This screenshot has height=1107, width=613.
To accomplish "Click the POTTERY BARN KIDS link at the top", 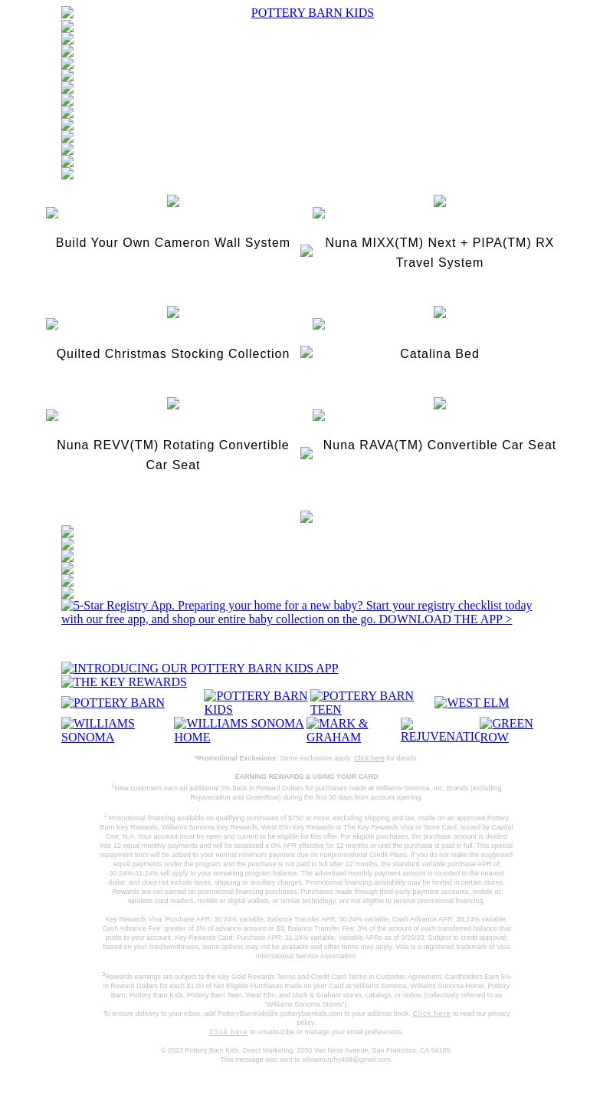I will (312, 13).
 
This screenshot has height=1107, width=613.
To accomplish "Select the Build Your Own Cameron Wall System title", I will (172, 243).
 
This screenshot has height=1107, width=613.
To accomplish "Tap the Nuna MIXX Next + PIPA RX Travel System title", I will (439, 252).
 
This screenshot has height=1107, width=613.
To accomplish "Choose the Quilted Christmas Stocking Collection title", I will (172, 354).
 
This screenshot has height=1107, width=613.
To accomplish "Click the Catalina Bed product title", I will (439, 354).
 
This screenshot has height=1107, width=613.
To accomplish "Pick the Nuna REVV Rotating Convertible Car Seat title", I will (172, 455).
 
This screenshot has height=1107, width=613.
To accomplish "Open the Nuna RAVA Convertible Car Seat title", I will (439, 445).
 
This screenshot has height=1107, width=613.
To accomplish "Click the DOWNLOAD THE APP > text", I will (444, 619).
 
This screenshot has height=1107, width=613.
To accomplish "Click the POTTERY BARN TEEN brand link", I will (362, 702).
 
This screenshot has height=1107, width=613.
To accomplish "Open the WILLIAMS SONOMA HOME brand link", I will (238, 730).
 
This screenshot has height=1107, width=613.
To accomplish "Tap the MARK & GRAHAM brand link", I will (337, 730).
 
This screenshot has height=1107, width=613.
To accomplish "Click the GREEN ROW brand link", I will (506, 730).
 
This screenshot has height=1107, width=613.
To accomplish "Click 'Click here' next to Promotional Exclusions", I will (369, 758).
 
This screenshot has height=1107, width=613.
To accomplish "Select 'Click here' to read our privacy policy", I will (431, 1013).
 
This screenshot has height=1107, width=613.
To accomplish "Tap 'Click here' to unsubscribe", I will (228, 1032).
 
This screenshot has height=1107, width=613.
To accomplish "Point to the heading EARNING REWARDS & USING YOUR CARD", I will (306, 777).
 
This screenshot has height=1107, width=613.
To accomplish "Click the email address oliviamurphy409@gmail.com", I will (346, 1059).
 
